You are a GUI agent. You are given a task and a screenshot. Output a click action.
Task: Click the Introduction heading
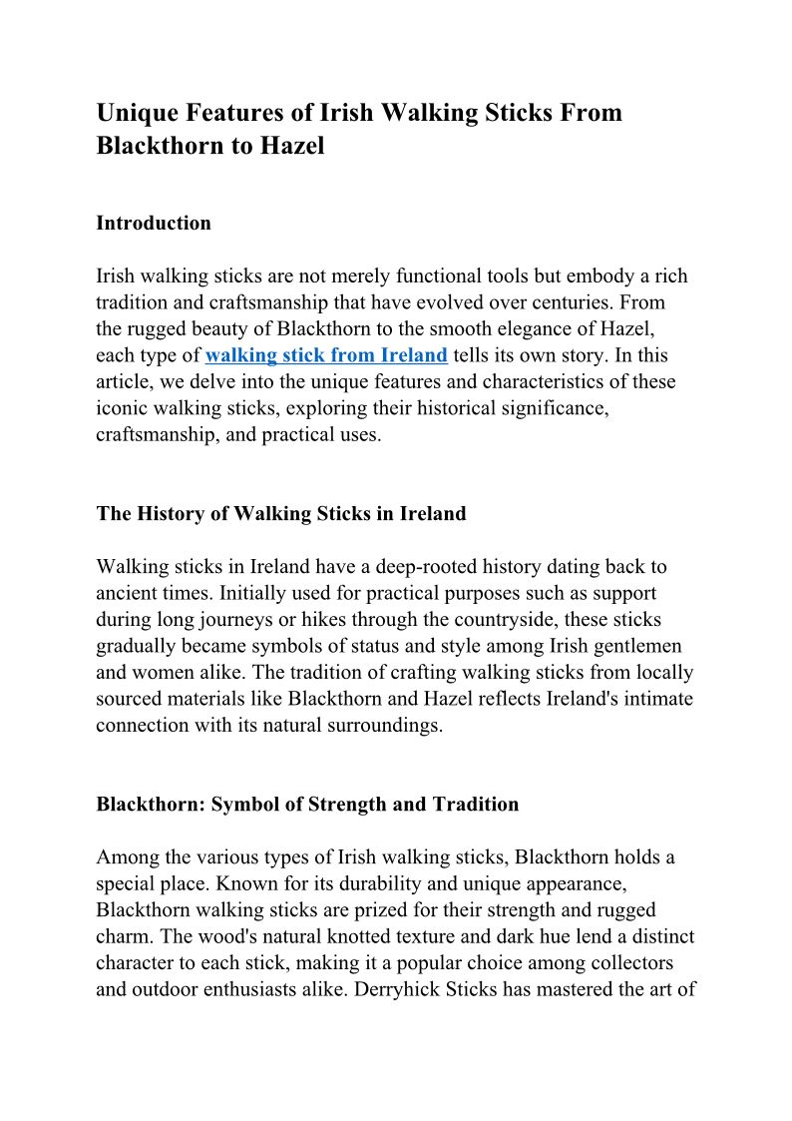click(x=154, y=223)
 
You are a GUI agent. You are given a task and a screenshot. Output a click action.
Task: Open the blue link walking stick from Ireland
click(x=326, y=355)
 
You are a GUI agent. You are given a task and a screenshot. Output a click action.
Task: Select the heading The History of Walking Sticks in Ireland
click(x=281, y=514)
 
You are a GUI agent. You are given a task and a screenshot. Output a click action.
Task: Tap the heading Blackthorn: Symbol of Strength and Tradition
click(x=307, y=804)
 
